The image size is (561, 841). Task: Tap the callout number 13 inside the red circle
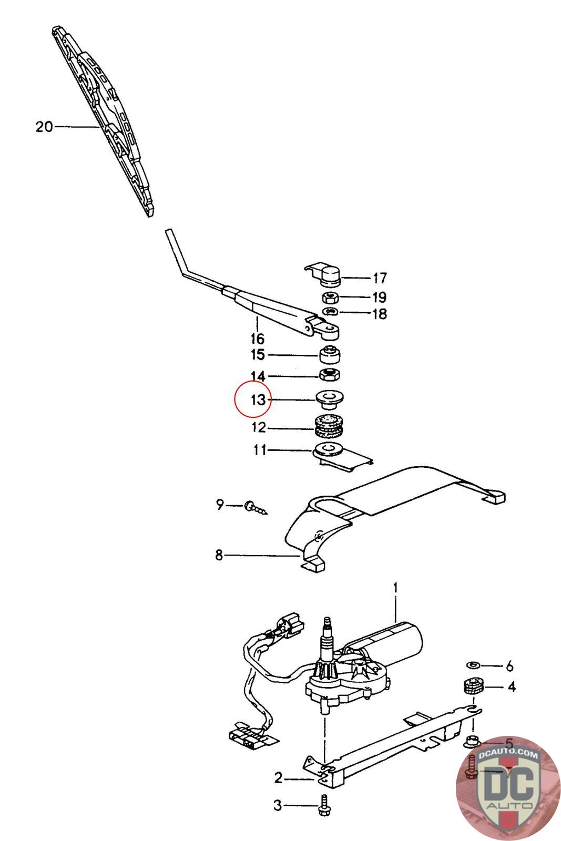(258, 400)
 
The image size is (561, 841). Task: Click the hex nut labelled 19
(330, 298)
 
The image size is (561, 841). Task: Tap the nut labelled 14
(330, 375)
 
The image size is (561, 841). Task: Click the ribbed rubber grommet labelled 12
(329, 426)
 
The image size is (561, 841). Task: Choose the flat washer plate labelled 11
(329, 449)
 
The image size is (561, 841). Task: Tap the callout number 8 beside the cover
(219, 555)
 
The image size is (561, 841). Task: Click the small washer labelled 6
(473, 665)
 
